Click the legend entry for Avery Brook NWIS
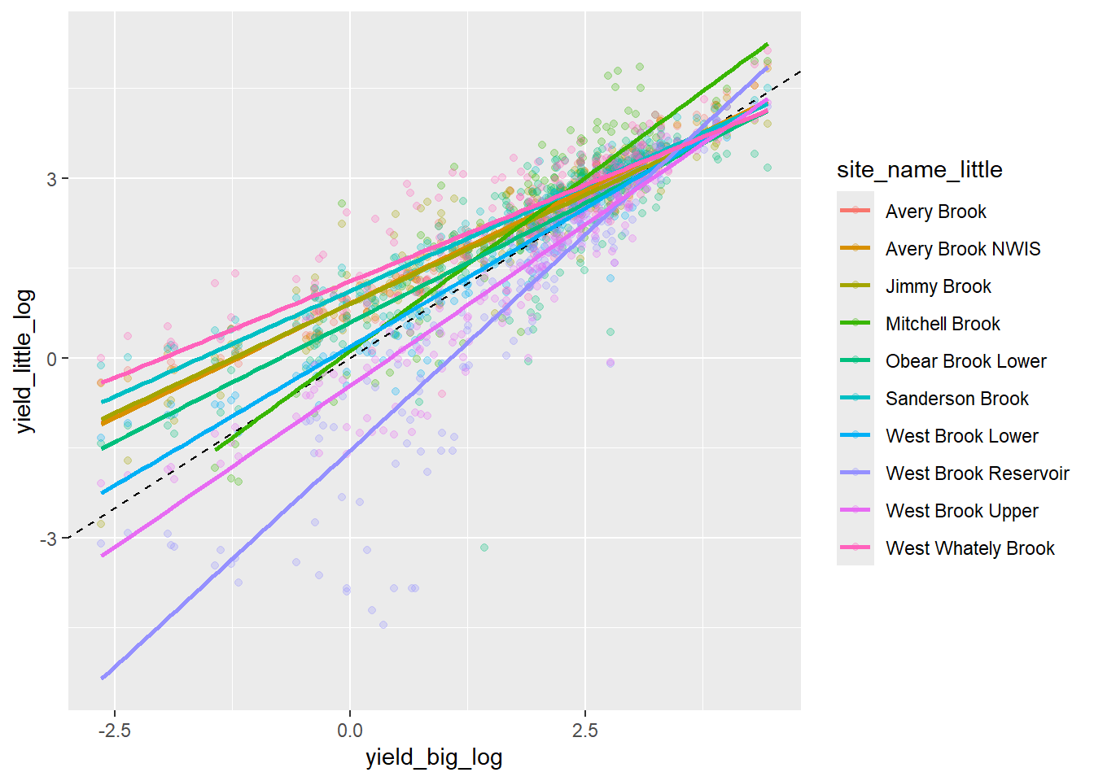coord(963,249)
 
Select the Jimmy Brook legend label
coord(938,286)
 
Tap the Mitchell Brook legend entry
coord(943,324)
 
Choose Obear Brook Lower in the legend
coord(965,361)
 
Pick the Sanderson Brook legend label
coord(956,399)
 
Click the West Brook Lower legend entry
coord(961,436)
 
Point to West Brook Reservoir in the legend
coord(977,473)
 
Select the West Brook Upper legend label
coord(961,511)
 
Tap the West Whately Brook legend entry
coord(969,548)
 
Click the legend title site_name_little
coord(919,169)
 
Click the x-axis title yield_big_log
coord(434,757)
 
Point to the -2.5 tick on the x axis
coord(115,730)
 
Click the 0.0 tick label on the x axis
coord(350,730)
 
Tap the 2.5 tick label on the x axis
coord(584,730)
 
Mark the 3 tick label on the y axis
coord(52,179)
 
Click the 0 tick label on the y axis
coord(52,359)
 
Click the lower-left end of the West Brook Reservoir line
coord(102,677)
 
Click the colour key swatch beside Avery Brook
coord(855,212)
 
